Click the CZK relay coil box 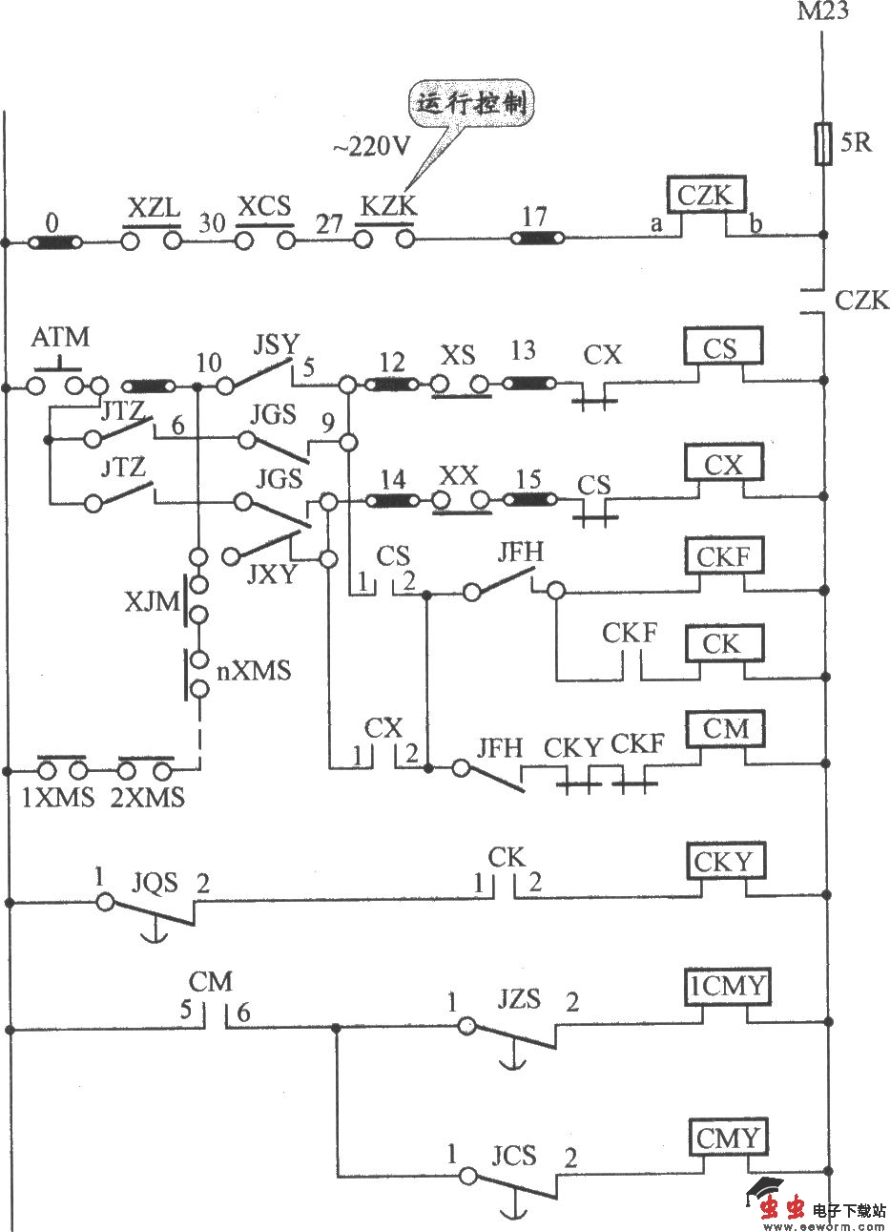pyautogui.click(x=705, y=198)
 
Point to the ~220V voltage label pyautogui.click(x=371, y=148)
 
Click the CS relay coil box pyautogui.click(x=721, y=348)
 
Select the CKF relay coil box pyautogui.click(x=723, y=555)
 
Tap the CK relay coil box pyautogui.click(x=721, y=644)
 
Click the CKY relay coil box pyautogui.click(x=723, y=862)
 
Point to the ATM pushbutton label pyautogui.click(x=61, y=338)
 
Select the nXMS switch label pyautogui.click(x=254, y=670)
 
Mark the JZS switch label pyautogui.click(x=518, y=1000)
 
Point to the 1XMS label pyautogui.click(x=58, y=798)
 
